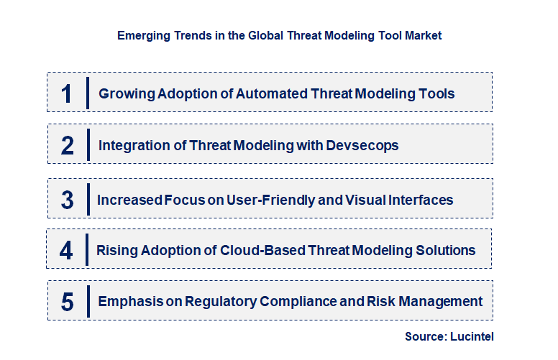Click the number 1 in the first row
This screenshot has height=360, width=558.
[67, 93]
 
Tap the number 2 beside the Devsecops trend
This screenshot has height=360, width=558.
[68, 146]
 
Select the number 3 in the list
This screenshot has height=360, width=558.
[68, 200]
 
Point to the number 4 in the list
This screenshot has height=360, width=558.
[66, 251]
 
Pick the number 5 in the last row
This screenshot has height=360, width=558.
[68, 302]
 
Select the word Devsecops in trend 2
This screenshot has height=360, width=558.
[362, 145]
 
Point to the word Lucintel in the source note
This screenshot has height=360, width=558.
[472, 336]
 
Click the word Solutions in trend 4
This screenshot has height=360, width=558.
[446, 250]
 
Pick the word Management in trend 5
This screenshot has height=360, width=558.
[446, 301]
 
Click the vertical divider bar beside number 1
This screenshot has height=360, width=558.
[87, 93]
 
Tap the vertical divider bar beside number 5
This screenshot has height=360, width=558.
[87, 300]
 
